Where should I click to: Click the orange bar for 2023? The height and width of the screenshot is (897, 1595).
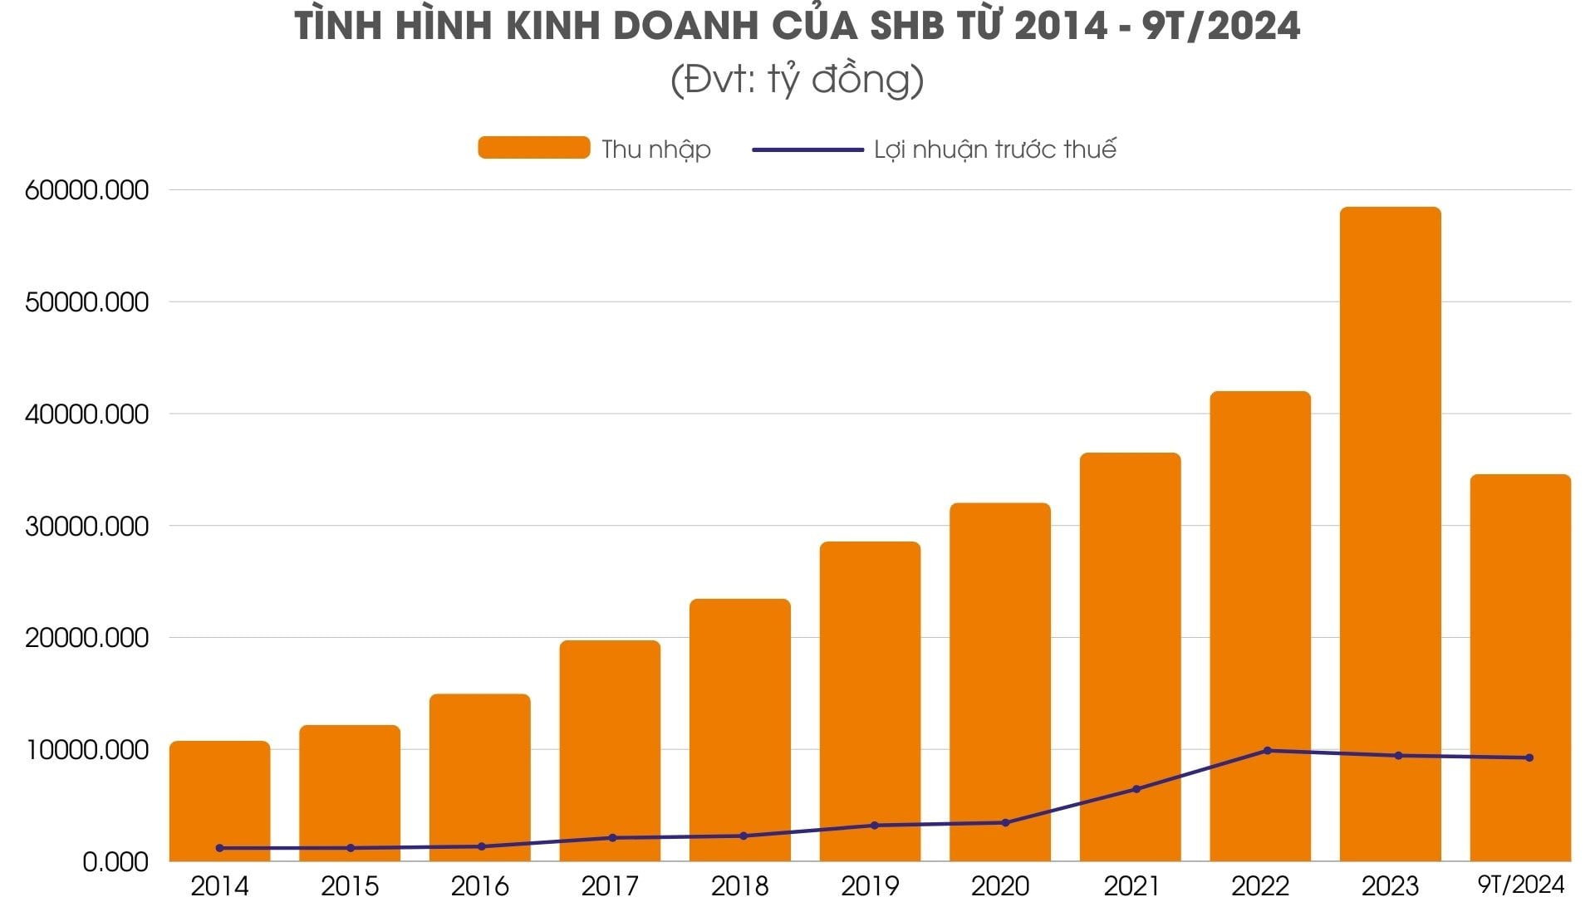[1390, 532]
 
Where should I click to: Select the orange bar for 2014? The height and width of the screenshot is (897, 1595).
[219, 797]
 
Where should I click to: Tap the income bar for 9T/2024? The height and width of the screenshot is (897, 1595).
[1520, 664]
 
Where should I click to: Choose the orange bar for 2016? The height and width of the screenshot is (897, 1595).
[479, 772]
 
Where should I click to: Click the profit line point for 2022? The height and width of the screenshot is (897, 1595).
[1267, 751]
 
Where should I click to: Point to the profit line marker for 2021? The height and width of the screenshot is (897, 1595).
[1136, 789]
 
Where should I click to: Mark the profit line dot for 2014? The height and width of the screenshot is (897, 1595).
[219, 848]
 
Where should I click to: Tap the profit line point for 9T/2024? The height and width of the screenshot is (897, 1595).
[1529, 757]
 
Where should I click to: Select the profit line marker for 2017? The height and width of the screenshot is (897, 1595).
[612, 838]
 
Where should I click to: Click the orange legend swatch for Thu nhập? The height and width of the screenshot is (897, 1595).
[533, 148]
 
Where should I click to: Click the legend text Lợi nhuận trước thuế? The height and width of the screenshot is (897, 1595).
[994, 149]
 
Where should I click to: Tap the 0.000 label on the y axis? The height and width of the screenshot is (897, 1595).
[115, 862]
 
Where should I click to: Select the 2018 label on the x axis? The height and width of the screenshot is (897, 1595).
[739, 886]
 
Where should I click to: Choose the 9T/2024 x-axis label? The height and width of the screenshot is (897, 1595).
[1520, 884]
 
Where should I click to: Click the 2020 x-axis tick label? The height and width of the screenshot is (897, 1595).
[1000, 886]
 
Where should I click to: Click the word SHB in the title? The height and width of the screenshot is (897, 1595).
[906, 27]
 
